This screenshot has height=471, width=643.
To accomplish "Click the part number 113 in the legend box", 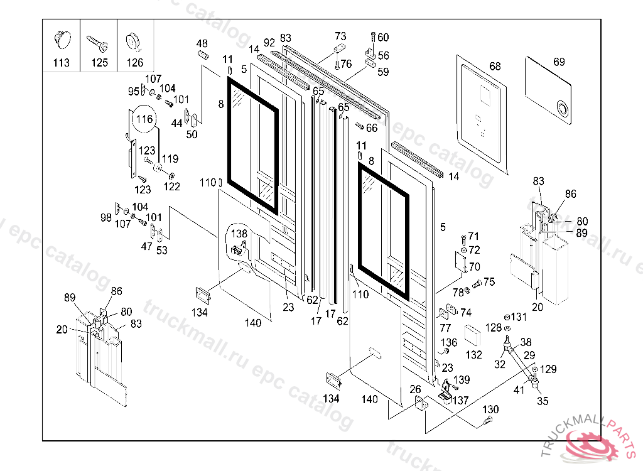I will click(62, 63).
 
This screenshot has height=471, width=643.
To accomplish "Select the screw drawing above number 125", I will click(99, 43).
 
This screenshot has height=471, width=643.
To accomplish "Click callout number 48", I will click(202, 43).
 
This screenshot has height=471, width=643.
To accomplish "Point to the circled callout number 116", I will click(144, 119).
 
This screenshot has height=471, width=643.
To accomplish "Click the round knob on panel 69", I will click(562, 109).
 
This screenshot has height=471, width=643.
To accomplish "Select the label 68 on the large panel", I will click(495, 67).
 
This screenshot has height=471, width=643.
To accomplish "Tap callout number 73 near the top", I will click(340, 36).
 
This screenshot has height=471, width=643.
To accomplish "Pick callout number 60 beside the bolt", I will click(383, 37).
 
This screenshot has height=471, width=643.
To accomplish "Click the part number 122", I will click(172, 187).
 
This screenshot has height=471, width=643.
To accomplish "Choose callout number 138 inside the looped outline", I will click(239, 233).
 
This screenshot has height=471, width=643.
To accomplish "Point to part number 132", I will click(474, 355).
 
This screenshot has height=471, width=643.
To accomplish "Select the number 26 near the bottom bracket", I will click(415, 389).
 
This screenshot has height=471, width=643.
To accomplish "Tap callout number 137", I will click(461, 400).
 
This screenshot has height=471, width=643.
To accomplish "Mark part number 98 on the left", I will click(106, 217).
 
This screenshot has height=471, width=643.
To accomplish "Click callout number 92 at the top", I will click(269, 43).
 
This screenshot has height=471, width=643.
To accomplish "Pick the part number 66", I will click(372, 128).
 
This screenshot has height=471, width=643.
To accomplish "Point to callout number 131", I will click(519, 317).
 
